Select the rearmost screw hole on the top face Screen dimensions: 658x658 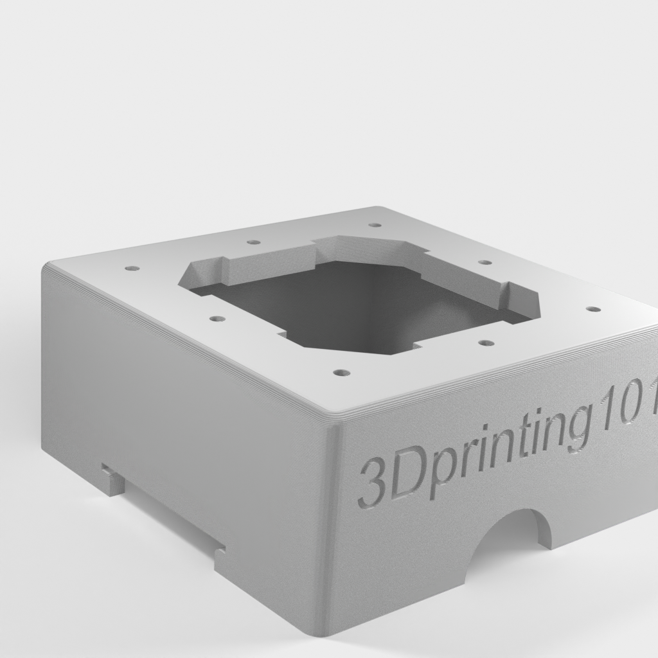pos(375,224)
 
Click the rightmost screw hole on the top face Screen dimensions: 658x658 pos(592,309)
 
